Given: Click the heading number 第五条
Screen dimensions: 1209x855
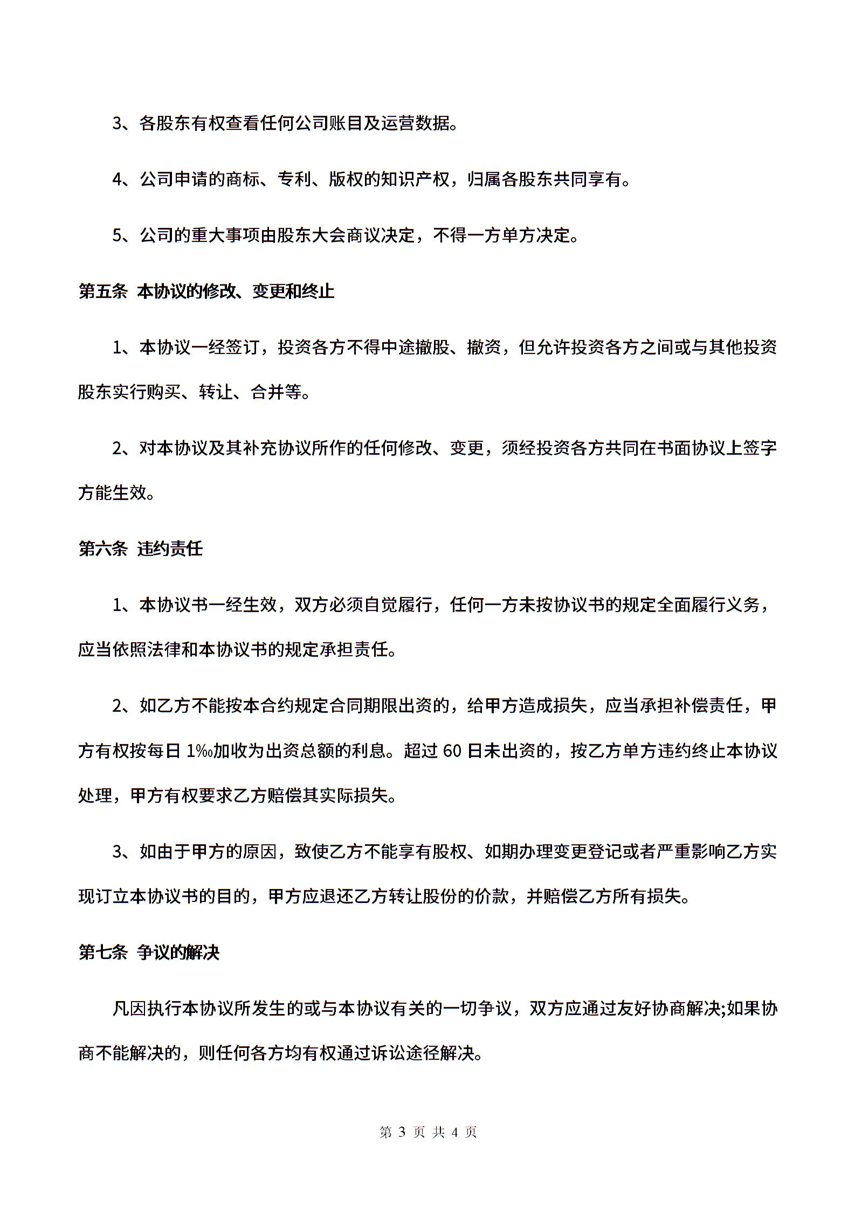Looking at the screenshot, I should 102,291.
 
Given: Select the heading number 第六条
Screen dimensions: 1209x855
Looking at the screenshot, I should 102,549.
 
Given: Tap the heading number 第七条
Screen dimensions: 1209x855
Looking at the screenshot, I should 102,953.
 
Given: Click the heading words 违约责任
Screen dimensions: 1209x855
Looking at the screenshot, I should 170,549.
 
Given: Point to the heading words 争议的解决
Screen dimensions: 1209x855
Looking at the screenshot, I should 178,953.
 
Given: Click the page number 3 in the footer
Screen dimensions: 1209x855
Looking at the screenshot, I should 401,1132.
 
